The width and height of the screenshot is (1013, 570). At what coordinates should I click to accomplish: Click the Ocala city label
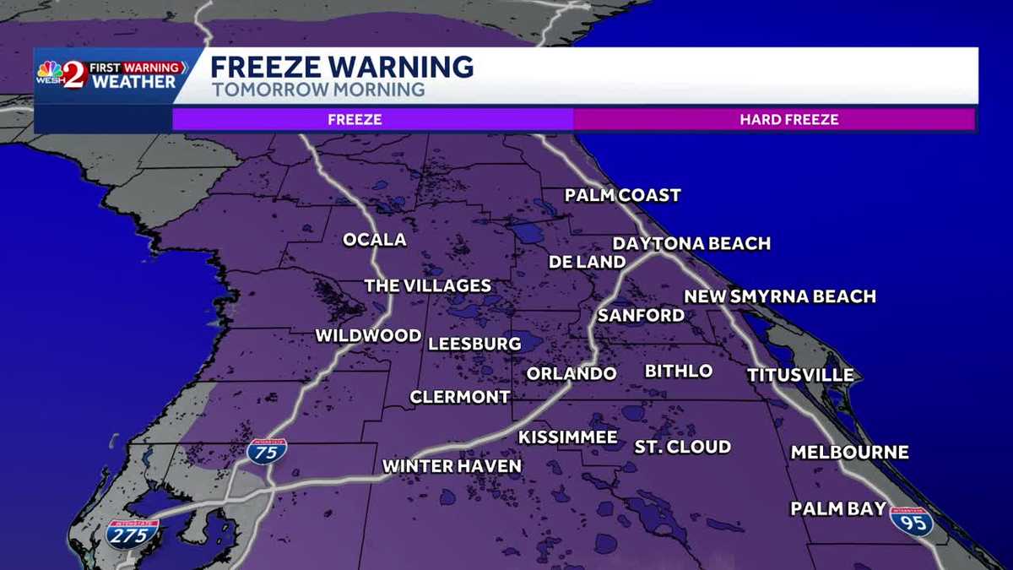(x=374, y=240)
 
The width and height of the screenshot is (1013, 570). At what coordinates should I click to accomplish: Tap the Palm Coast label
(x=622, y=196)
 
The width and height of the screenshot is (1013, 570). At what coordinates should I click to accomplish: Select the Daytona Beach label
(x=691, y=244)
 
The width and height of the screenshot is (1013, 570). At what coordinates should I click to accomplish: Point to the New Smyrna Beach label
(x=779, y=296)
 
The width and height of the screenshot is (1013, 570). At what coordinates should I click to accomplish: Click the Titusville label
(x=799, y=375)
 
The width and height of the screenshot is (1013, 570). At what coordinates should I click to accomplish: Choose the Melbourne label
(x=849, y=453)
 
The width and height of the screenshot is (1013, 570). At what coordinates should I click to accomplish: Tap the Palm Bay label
(x=837, y=508)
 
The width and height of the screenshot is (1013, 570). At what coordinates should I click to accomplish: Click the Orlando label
(x=571, y=373)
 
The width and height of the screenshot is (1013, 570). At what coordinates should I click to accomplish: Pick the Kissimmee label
(x=567, y=437)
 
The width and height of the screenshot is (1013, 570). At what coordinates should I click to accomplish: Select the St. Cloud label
(x=682, y=447)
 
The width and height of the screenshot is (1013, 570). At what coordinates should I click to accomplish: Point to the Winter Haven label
(x=452, y=466)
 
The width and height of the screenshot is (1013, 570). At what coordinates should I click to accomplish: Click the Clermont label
(x=459, y=397)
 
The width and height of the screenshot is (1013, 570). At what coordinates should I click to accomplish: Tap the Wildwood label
(x=367, y=336)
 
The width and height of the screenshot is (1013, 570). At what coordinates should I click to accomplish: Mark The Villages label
(x=427, y=285)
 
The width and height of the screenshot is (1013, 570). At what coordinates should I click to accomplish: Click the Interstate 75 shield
(x=267, y=450)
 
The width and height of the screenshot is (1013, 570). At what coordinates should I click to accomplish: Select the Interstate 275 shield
(x=133, y=535)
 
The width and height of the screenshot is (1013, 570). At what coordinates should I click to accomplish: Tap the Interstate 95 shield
(x=912, y=521)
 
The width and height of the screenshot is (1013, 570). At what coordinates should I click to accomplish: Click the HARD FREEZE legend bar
(x=774, y=119)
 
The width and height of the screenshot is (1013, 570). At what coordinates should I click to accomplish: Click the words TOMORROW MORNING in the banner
(x=317, y=90)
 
